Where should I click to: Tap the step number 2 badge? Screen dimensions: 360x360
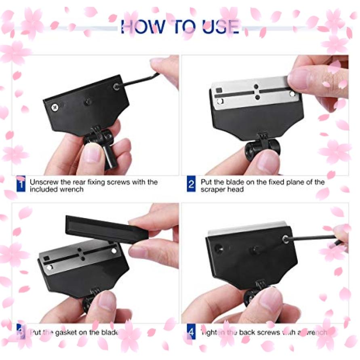192,185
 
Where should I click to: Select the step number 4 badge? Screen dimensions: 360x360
192,333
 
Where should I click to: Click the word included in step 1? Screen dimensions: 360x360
44,189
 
